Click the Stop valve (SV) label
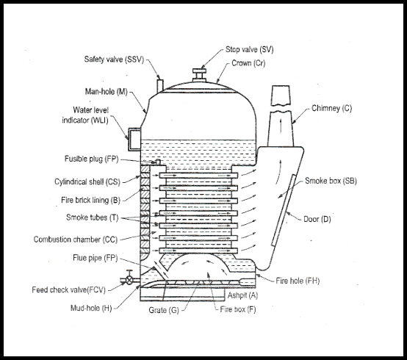pyautogui.click(x=250, y=49)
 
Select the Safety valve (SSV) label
pyautogui.click(x=114, y=60)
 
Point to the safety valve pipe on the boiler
pyautogui.click(x=160, y=86)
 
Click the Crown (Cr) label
pyautogui.click(x=248, y=63)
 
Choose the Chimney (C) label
pyautogui.click(x=332, y=108)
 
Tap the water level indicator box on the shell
pyautogui.click(x=134, y=139)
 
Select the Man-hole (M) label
pyautogui.click(x=107, y=92)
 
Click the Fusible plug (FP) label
pyautogui.click(x=91, y=159)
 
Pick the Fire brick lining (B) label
pyautogui.click(x=90, y=200)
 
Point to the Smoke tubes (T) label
pyautogui.click(x=92, y=217)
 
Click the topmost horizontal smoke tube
pyautogui.click(x=198, y=176)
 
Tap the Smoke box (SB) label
pyautogui.click(x=331, y=181)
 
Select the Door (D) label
pyautogui.click(x=317, y=220)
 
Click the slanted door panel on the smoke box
pyautogui.click(x=284, y=210)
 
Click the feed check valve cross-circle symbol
pyautogui.click(x=129, y=280)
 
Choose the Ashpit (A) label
pyautogui.click(x=242, y=295)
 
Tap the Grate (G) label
pyautogui.click(x=164, y=310)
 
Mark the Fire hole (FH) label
pyautogui.click(x=298, y=281)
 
